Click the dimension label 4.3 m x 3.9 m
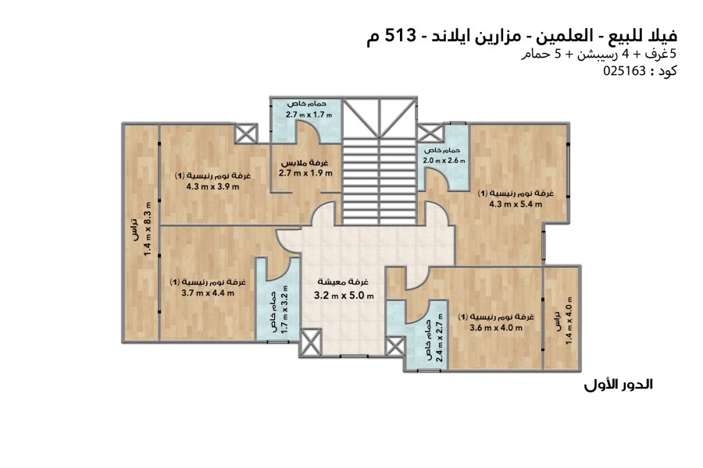pos(212,186)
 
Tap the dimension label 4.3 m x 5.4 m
pos(516,204)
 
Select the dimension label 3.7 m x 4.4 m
pos(208,293)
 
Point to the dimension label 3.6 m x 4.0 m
pos(496,328)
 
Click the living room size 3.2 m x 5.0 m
pos(344,296)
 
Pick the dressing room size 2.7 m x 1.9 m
pos(305,173)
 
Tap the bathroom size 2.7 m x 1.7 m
pos(309,115)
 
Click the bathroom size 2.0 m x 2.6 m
pos(444,161)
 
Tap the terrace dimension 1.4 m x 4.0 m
pos(569,321)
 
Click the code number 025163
pos(624,71)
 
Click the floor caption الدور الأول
pos(619,385)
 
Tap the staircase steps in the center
pos(380,182)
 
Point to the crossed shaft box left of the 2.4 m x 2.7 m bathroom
pos(394,346)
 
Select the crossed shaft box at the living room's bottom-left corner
pos(311,342)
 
